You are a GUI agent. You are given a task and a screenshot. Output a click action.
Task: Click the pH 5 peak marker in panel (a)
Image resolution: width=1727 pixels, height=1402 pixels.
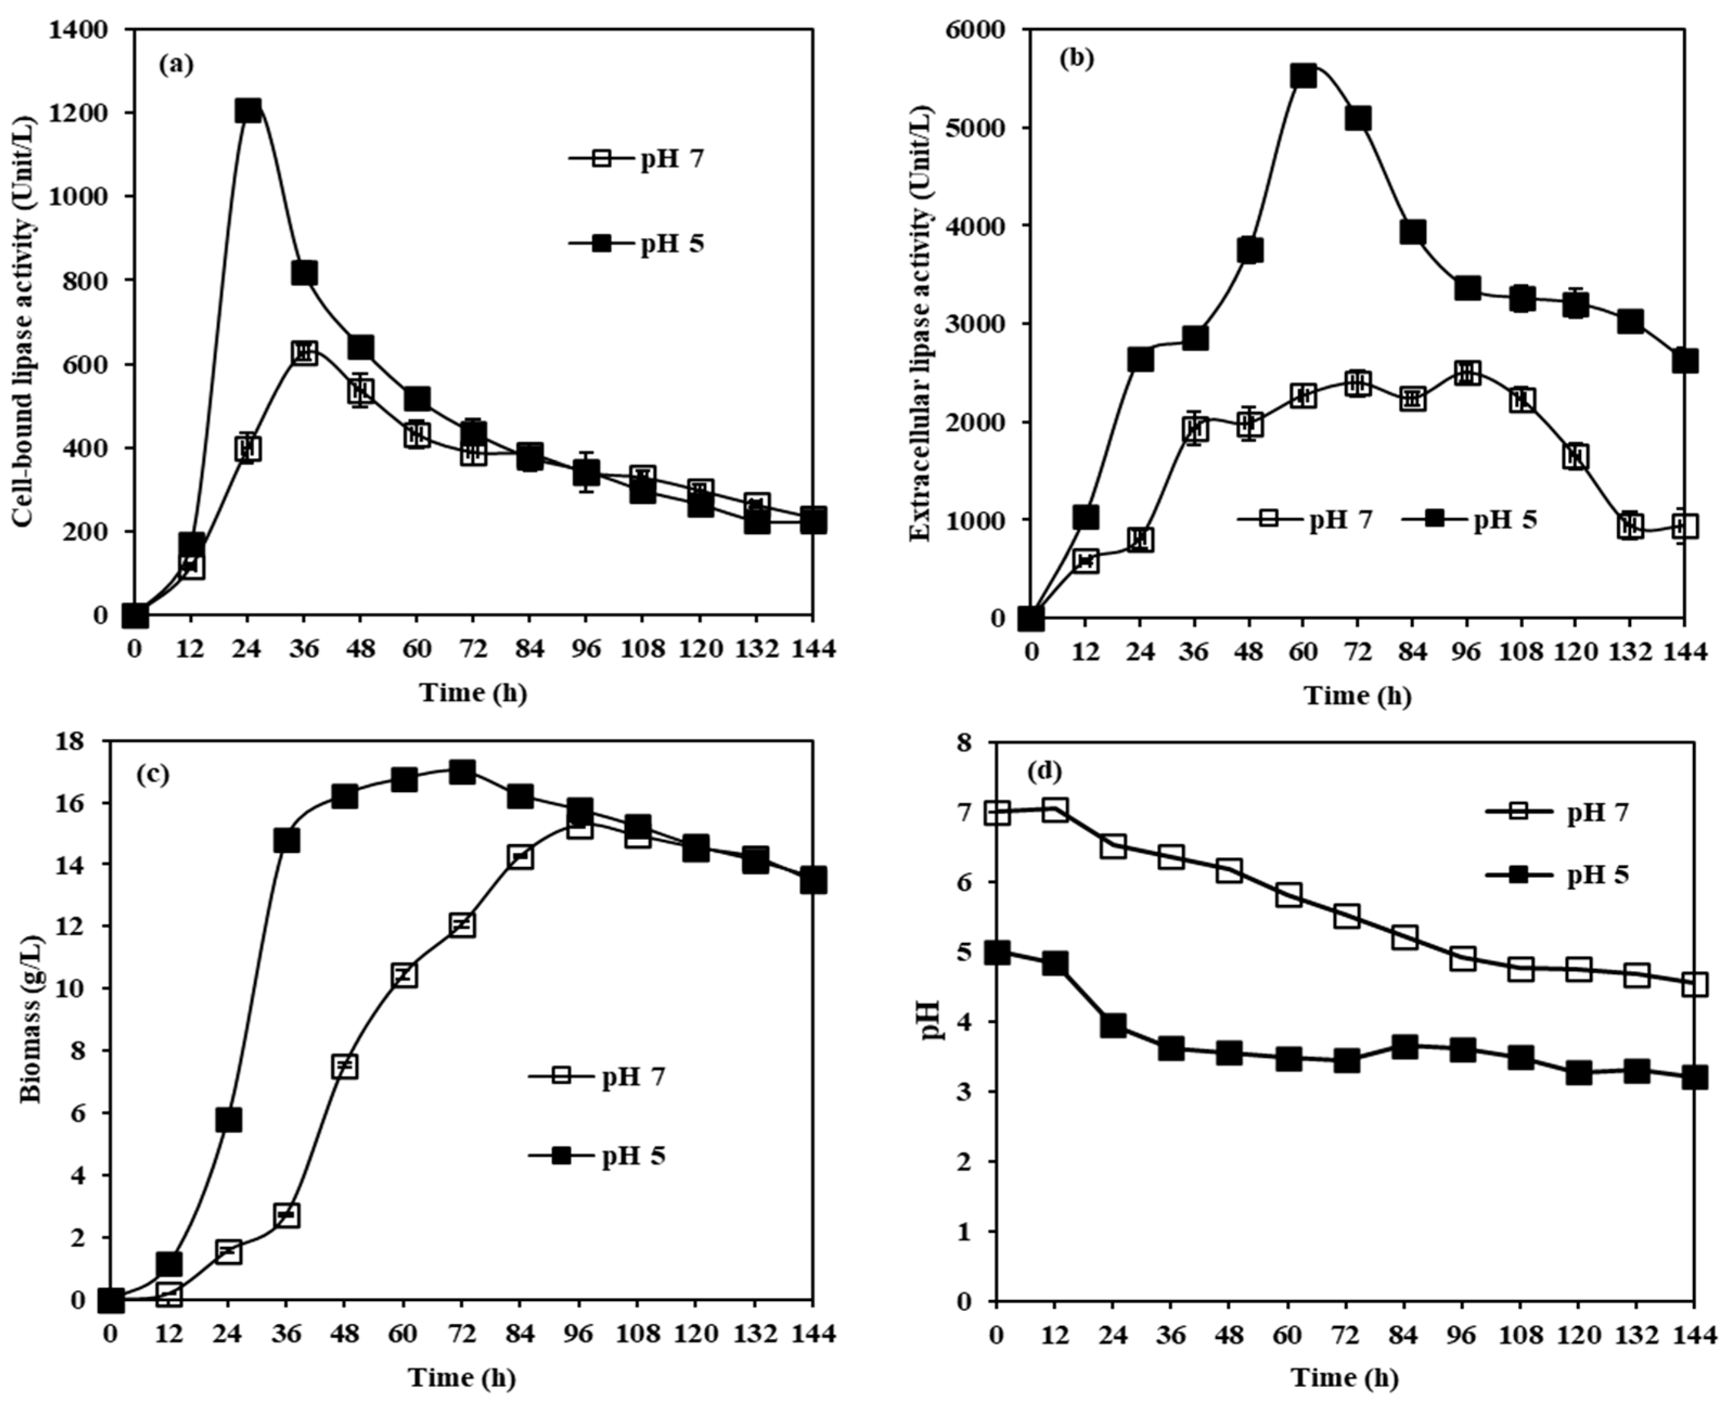(x=248, y=111)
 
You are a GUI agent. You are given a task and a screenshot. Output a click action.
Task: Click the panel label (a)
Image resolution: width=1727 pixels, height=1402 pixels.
(x=177, y=65)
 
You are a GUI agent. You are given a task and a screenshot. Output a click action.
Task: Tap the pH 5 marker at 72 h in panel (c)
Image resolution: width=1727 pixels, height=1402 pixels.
(x=462, y=771)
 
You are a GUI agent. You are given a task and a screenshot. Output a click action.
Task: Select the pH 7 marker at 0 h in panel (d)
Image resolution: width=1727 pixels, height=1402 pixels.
(x=998, y=813)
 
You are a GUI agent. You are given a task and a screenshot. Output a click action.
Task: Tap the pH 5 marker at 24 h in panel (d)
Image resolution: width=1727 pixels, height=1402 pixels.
(x=1113, y=1026)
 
